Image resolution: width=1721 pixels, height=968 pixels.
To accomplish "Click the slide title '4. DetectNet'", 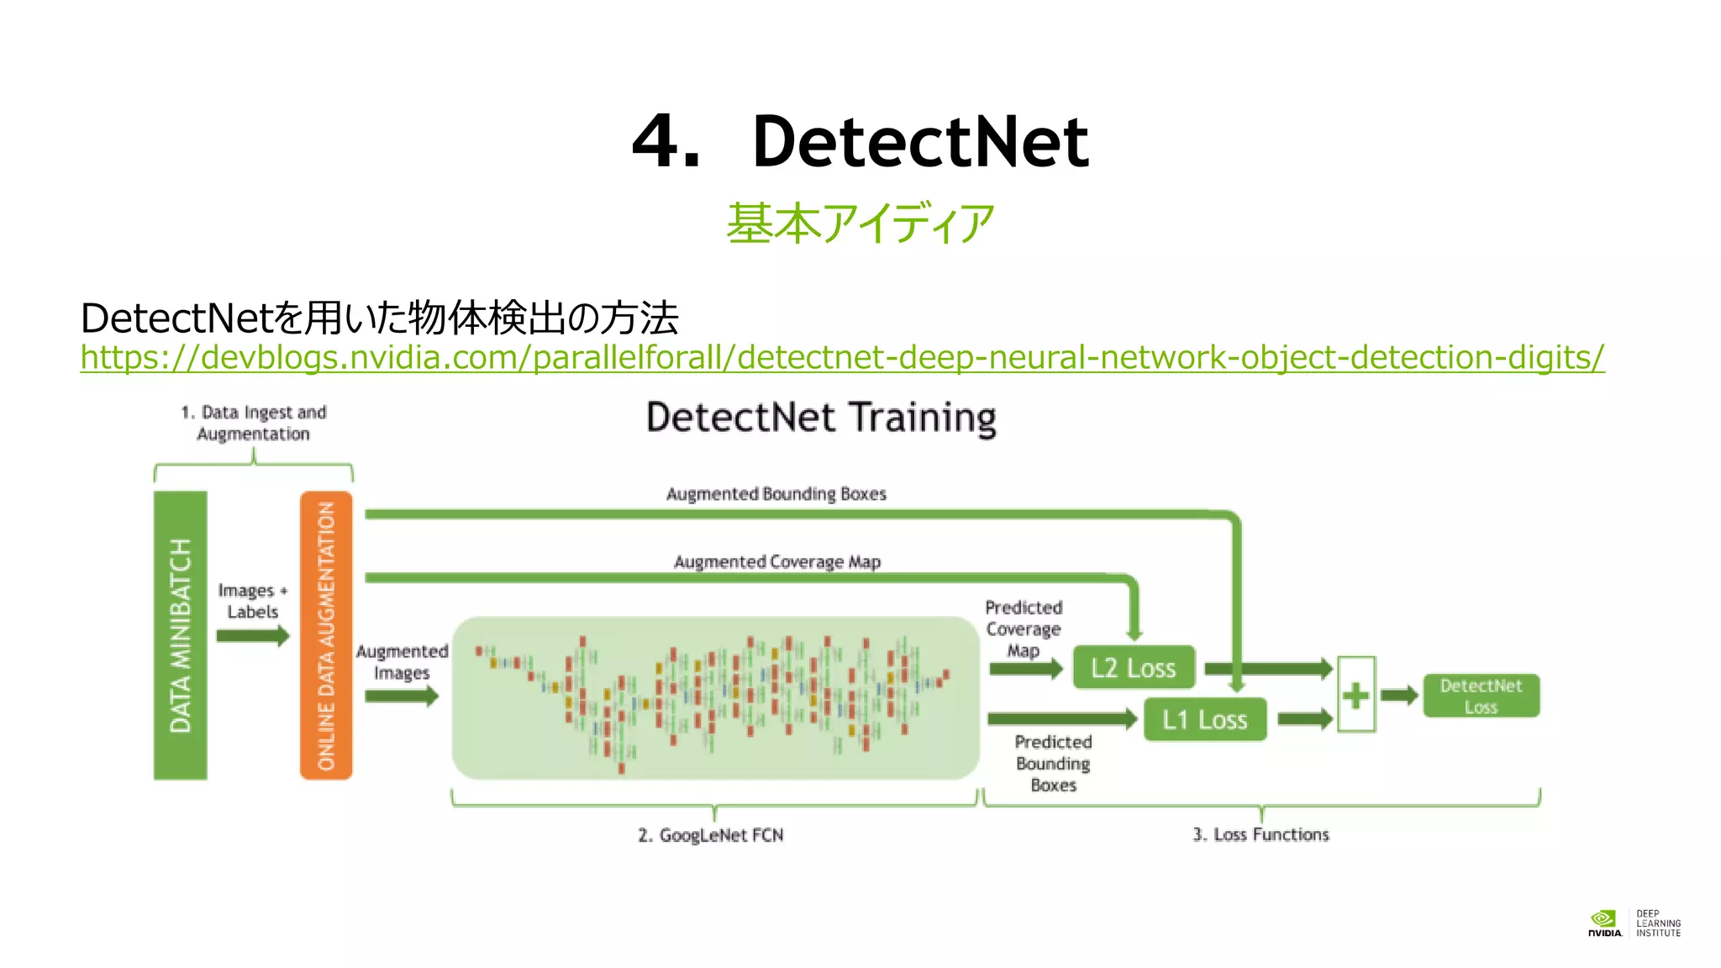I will click(860, 141).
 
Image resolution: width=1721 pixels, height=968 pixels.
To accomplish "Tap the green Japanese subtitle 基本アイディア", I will click(860, 224).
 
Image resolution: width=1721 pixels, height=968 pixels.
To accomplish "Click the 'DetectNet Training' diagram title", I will click(821, 418).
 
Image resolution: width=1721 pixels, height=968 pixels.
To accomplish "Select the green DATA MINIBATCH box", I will click(180, 635).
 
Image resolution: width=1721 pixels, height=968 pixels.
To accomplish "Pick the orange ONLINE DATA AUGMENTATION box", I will click(326, 635).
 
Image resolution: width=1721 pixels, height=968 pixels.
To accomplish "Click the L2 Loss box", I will click(1133, 668).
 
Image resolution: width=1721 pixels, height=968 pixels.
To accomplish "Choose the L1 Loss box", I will click(1204, 719).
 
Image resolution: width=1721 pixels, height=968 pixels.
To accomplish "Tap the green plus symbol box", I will click(1355, 695).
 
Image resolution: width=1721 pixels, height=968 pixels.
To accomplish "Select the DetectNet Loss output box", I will click(1481, 696).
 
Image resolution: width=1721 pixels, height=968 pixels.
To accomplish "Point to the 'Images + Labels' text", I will click(252, 601).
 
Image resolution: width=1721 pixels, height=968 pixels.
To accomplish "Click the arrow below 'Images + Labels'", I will click(252, 636).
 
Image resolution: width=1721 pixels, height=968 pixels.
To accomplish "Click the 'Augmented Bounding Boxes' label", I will click(776, 494).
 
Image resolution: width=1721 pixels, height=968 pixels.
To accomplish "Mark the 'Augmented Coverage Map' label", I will click(776, 561).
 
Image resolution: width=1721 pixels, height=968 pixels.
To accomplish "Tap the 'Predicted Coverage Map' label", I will click(1024, 629).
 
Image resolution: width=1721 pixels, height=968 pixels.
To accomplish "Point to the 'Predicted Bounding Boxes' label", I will click(1053, 763).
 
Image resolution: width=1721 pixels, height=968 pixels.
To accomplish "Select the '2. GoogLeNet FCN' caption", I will click(710, 835).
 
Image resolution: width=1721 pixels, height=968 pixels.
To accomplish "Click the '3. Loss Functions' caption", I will click(1260, 834).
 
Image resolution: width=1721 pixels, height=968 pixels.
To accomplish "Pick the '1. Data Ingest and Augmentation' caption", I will click(253, 423).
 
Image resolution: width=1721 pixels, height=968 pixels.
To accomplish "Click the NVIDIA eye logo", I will click(1603, 918).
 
